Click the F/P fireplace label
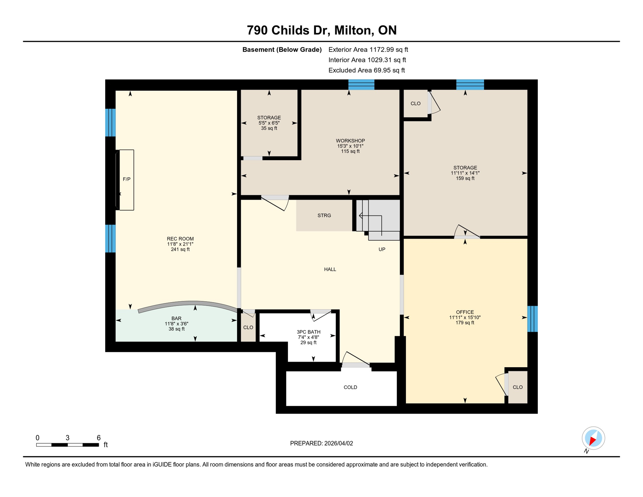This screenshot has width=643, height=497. (126, 179)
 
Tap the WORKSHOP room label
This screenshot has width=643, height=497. (350, 141)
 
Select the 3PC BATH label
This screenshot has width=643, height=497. (308, 332)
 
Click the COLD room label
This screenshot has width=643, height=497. (350, 387)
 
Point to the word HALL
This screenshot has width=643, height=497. (330, 269)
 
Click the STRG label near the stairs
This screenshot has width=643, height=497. (324, 215)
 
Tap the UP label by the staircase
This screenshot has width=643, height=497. (382, 249)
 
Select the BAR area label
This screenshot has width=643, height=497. (176, 318)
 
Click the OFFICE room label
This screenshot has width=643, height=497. (465, 312)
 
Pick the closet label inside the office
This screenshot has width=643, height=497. (518, 387)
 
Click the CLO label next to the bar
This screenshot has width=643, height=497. (248, 327)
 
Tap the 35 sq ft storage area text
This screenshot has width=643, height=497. (269, 128)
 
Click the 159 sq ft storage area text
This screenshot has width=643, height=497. (465, 178)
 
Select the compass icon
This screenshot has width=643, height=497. (593, 438)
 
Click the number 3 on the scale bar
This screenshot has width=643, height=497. (67, 438)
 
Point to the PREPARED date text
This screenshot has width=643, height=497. (321, 443)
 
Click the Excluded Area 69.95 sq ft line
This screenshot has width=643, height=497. (366, 70)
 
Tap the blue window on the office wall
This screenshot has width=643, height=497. (532, 319)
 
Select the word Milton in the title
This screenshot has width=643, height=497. (354, 30)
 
